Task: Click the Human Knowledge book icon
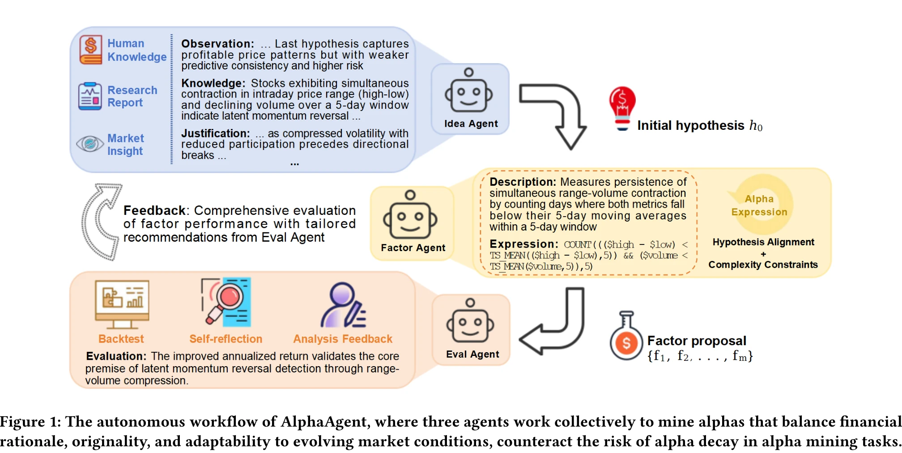pyautogui.click(x=91, y=50)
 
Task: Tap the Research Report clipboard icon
pyautogui.click(x=90, y=96)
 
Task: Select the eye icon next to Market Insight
pyautogui.click(x=90, y=144)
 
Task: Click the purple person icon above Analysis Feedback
pyautogui.click(x=343, y=305)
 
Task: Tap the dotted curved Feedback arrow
pyautogui.click(x=99, y=222)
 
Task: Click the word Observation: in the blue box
pyautogui.click(x=217, y=44)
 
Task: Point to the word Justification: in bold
pyautogui.click(x=215, y=133)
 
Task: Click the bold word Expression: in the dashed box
pyautogui.click(x=523, y=244)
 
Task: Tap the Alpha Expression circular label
pyautogui.click(x=759, y=205)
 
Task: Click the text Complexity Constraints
pyautogui.click(x=763, y=265)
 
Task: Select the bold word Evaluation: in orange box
pyautogui.click(x=116, y=356)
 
